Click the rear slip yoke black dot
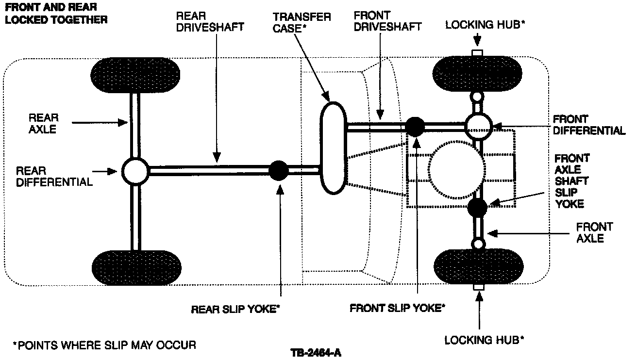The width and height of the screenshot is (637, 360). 279,170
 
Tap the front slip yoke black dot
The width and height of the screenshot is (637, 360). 415,127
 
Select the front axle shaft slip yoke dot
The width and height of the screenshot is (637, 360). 477,208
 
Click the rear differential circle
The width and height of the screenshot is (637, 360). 134,171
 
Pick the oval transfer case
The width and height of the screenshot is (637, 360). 333,147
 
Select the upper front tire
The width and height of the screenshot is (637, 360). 478,74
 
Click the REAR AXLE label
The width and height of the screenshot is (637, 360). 43,123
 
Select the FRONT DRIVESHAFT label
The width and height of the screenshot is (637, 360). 387,21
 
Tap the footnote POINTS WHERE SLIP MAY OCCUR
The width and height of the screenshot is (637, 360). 104,345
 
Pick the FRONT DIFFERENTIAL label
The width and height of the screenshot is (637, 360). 589,125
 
